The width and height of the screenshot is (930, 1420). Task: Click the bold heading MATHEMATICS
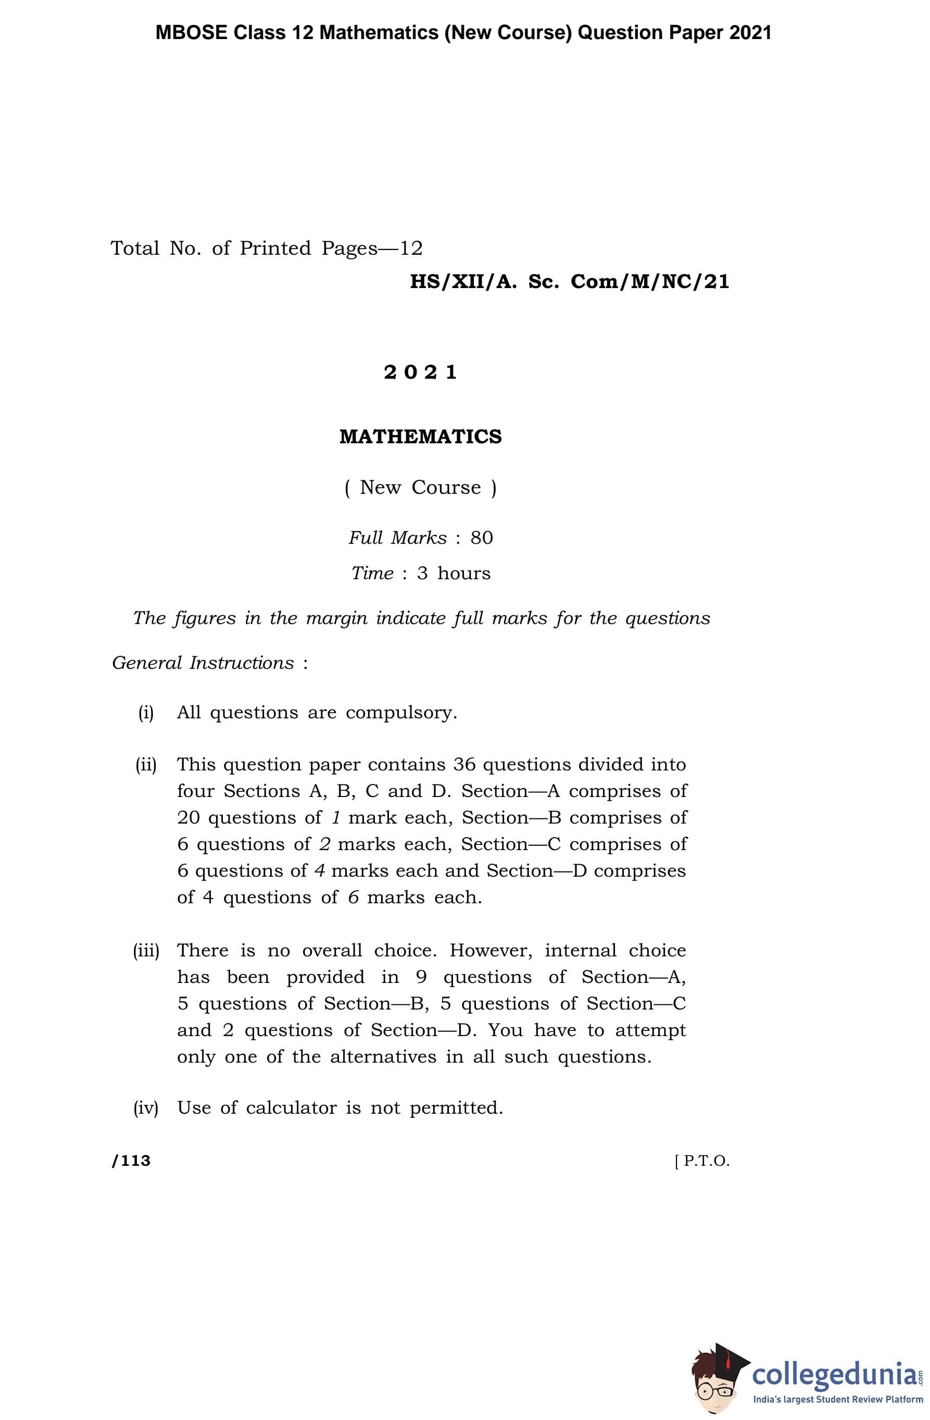point(421,437)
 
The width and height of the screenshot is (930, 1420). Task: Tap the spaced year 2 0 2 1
point(421,372)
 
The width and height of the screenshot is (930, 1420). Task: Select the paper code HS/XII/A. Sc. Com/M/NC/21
point(569,282)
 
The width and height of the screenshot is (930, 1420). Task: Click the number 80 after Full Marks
point(482,538)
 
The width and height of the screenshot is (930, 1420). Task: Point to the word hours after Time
point(463,573)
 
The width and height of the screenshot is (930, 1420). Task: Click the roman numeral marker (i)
point(146,713)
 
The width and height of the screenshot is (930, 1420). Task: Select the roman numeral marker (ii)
point(146,764)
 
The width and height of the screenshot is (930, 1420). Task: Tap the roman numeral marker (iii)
point(146,951)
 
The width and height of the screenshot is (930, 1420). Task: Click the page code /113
point(131,1161)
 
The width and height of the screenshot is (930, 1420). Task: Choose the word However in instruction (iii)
point(491,951)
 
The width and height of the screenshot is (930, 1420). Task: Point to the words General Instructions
point(204,663)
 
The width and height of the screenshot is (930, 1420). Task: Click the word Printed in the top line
point(275,248)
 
